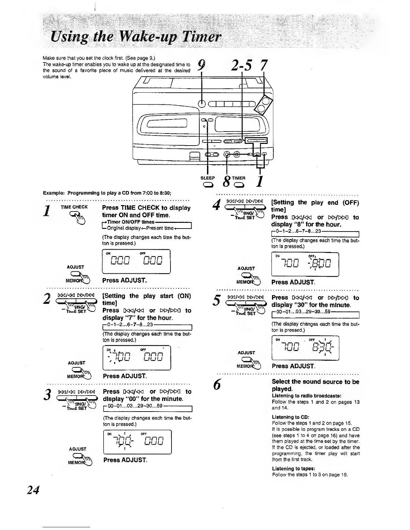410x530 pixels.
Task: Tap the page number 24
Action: point(33,490)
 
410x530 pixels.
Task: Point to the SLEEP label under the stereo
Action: point(208,178)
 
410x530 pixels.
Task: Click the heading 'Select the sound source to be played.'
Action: point(315,385)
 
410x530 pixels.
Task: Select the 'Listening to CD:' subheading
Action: point(290,417)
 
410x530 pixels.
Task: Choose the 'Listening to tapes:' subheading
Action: point(293,468)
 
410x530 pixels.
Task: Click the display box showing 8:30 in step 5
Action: point(305,348)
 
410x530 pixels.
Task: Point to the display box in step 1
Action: point(136,261)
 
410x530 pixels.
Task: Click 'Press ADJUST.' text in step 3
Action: point(125,460)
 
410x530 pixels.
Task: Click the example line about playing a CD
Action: point(107,193)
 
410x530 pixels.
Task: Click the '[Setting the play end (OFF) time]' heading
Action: point(315,206)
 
